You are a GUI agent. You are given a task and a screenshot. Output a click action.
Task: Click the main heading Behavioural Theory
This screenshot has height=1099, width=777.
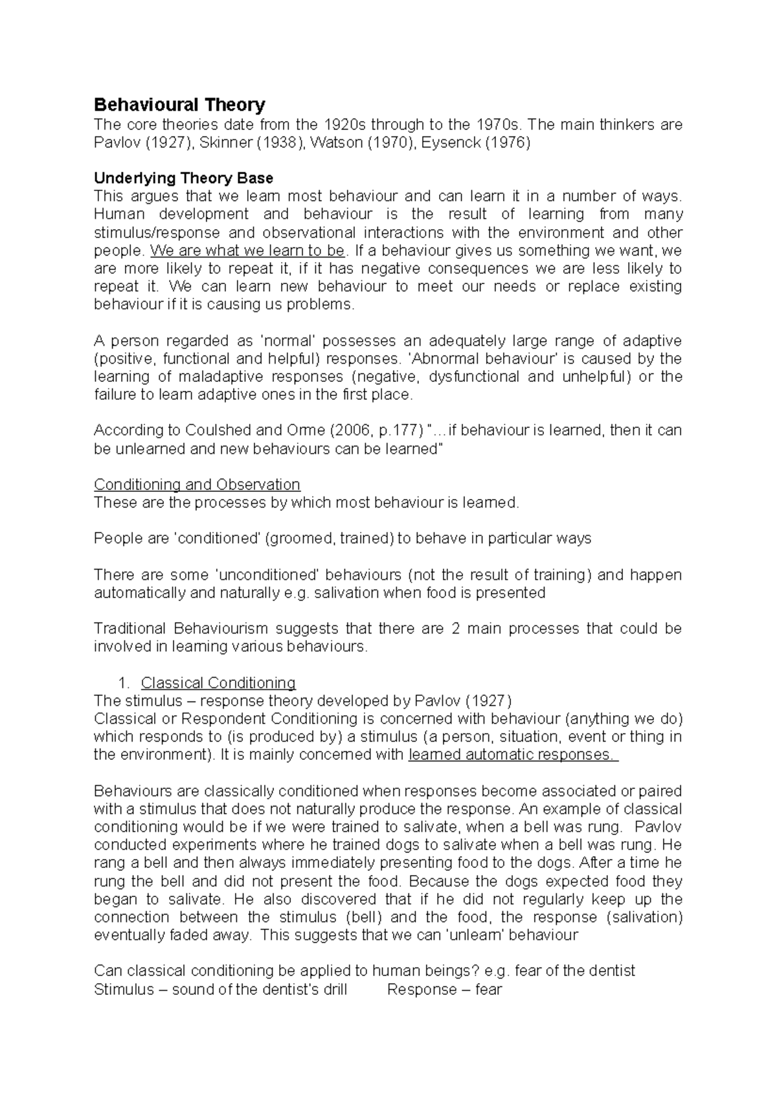point(179,105)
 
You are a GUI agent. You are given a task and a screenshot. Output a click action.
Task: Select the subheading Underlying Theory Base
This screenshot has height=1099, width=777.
point(183,178)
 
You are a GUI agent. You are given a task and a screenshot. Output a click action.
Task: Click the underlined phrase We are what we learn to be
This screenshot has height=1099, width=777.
point(248,250)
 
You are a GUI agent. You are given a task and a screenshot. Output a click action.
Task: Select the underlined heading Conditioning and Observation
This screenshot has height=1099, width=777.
point(197,485)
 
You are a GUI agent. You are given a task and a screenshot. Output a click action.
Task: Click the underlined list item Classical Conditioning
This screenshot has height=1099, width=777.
point(218,683)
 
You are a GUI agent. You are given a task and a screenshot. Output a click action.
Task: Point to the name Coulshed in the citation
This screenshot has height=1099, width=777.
point(211,430)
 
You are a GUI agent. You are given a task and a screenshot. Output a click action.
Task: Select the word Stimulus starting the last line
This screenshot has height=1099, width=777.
point(124,990)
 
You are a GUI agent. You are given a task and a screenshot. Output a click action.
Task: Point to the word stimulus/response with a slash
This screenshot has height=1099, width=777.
point(157,232)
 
